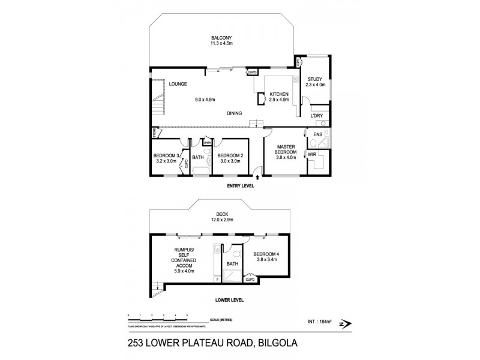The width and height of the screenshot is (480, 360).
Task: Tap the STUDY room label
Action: coord(316,79)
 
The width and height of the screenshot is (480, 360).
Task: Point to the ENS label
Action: coord(317,134)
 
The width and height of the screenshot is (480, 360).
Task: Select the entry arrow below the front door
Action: coord(257,177)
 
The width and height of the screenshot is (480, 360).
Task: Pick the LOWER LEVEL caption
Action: coord(230,299)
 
